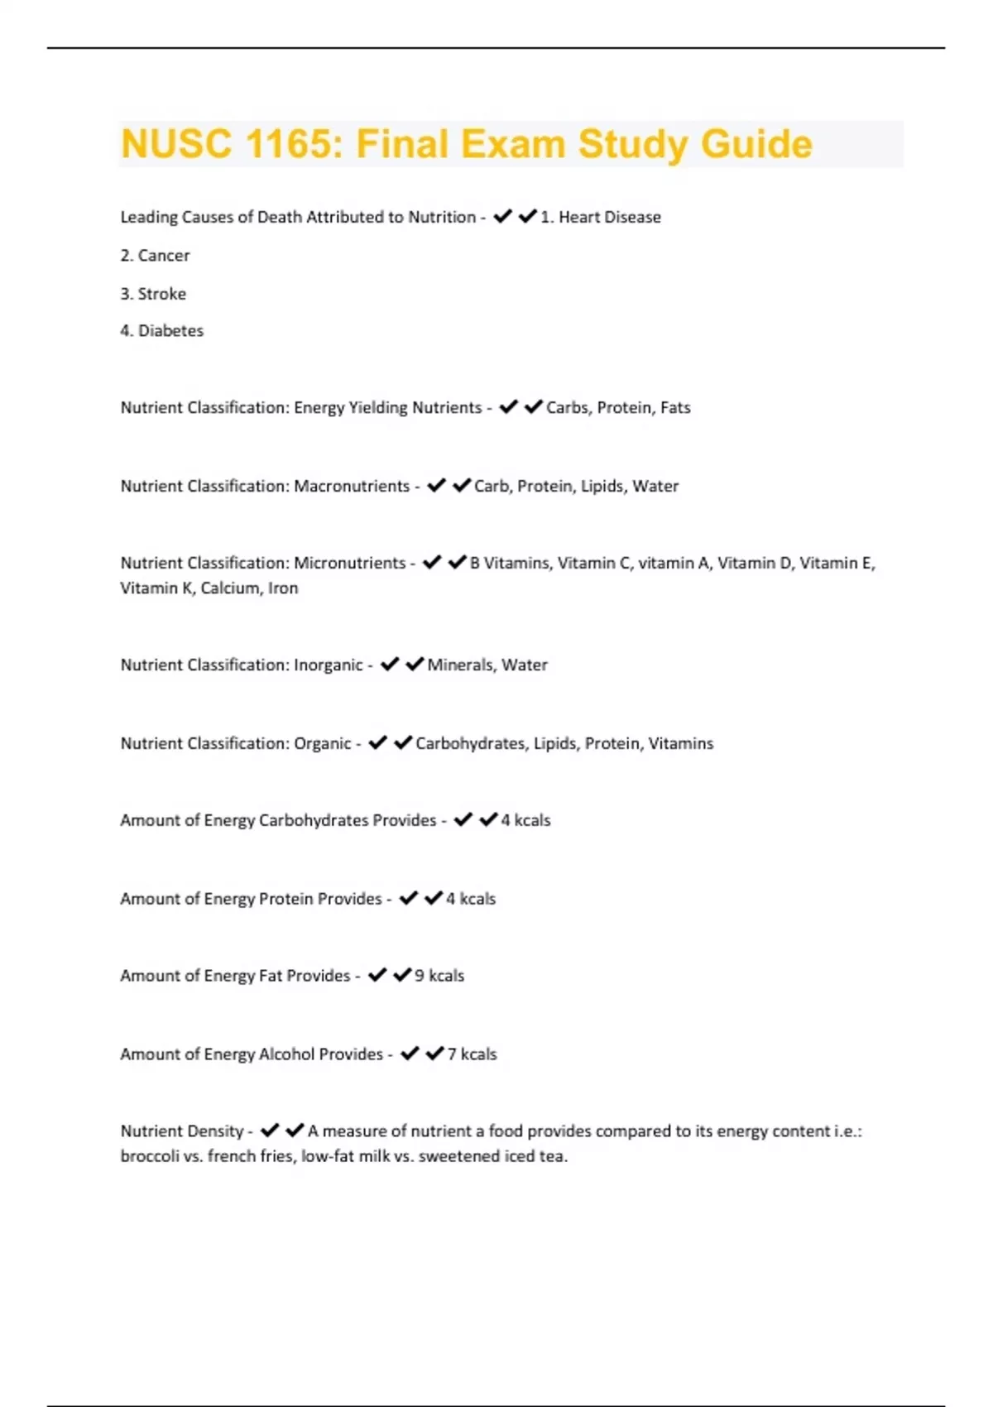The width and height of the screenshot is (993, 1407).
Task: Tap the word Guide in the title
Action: click(x=756, y=144)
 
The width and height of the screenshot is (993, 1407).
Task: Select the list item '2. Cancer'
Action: click(x=155, y=256)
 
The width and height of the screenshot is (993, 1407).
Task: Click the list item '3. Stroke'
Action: click(x=153, y=294)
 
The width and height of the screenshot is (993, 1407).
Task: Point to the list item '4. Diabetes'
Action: click(x=161, y=331)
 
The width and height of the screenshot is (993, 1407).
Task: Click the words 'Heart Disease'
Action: click(x=610, y=218)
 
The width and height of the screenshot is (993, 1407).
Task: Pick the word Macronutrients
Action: click(x=352, y=487)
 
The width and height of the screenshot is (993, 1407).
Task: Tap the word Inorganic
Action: click(x=329, y=665)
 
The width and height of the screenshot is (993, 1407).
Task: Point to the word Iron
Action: click(x=283, y=588)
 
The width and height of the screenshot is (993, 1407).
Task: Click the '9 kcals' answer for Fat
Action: click(x=439, y=976)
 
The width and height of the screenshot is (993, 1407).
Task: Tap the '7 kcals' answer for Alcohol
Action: click(x=472, y=1054)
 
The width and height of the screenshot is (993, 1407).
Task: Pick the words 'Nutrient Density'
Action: click(x=182, y=1131)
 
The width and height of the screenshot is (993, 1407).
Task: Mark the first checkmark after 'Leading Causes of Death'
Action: click(x=502, y=217)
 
